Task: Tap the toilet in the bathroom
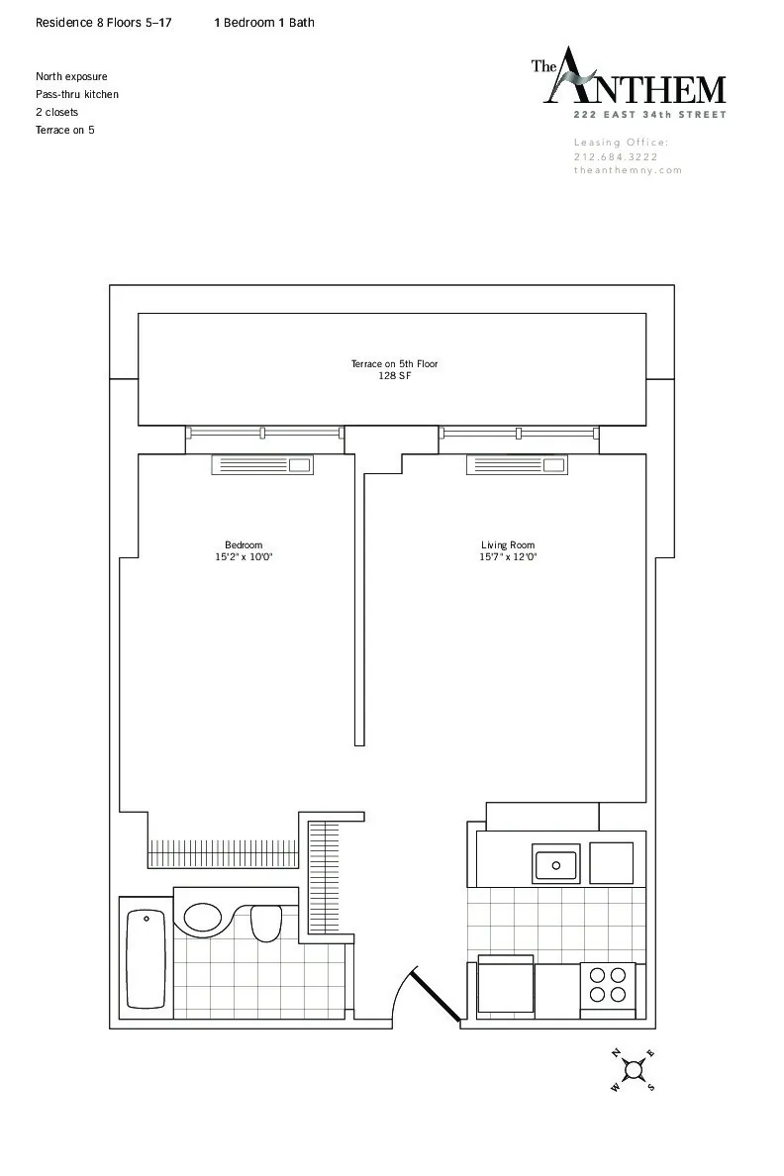(265, 923)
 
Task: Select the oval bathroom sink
(203, 917)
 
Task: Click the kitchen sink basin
(556, 865)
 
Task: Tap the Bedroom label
(244, 545)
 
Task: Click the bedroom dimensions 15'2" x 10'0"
(244, 557)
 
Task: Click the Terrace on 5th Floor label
(394, 364)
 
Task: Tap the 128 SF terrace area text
(394, 376)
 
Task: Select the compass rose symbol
(634, 1069)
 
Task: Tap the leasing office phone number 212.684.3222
(616, 156)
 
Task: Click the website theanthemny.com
(628, 170)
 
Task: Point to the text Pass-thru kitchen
(77, 94)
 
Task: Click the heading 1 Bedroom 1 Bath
(264, 22)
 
